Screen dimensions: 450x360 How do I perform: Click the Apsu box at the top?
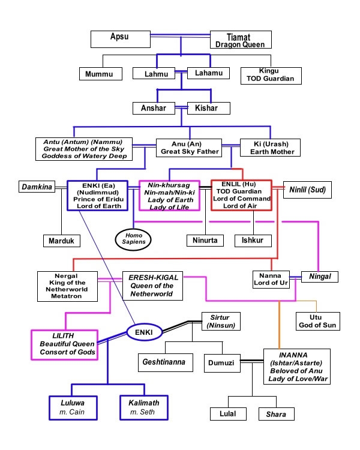[x=119, y=39]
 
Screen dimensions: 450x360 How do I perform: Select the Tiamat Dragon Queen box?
[x=241, y=40]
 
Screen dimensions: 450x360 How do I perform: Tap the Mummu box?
[x=100, y=74]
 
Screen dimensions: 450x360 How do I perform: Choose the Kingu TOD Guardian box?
[x=271, y=74]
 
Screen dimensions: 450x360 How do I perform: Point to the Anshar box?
[x=154, y=108]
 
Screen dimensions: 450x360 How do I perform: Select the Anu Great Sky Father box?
[x=190, y=148]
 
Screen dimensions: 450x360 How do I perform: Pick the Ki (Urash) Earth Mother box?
[x=270, y=148]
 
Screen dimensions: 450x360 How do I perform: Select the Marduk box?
[x=61, y=241]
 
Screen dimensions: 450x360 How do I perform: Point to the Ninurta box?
[x=203, y=241]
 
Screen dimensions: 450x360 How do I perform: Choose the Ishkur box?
[x=253, y=241]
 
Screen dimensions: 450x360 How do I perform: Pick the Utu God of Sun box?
[x=318, y=321]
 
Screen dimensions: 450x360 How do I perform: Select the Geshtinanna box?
[x=163, y=362]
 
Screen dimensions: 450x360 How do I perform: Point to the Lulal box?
[x=228, y=414]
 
